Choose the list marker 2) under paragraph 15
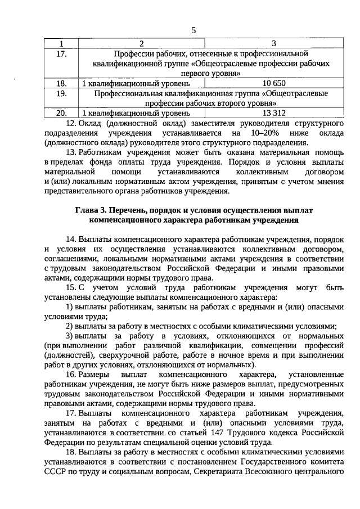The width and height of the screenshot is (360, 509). point(70,327)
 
